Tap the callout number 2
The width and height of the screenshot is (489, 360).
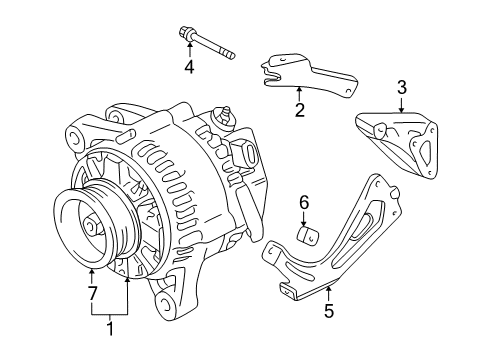click(x=298, y=109)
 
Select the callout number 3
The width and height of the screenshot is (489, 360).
click(x=401, y=88)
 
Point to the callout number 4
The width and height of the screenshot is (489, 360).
click(x=188, y=68)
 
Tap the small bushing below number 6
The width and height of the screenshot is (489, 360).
click(x=308, y=237)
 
